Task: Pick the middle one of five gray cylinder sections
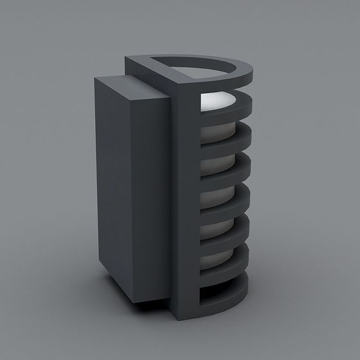tap(215, 196)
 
